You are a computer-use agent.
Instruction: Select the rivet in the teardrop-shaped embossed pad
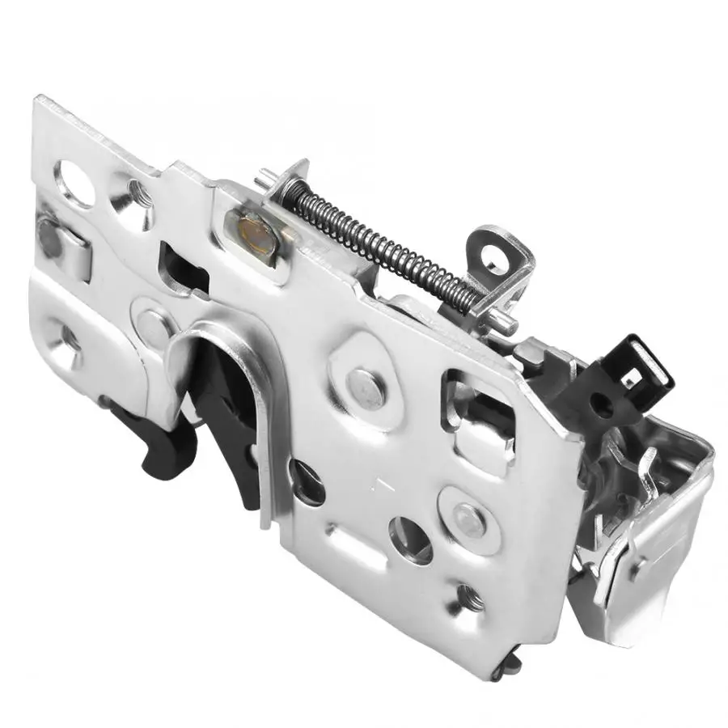(366, 385)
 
